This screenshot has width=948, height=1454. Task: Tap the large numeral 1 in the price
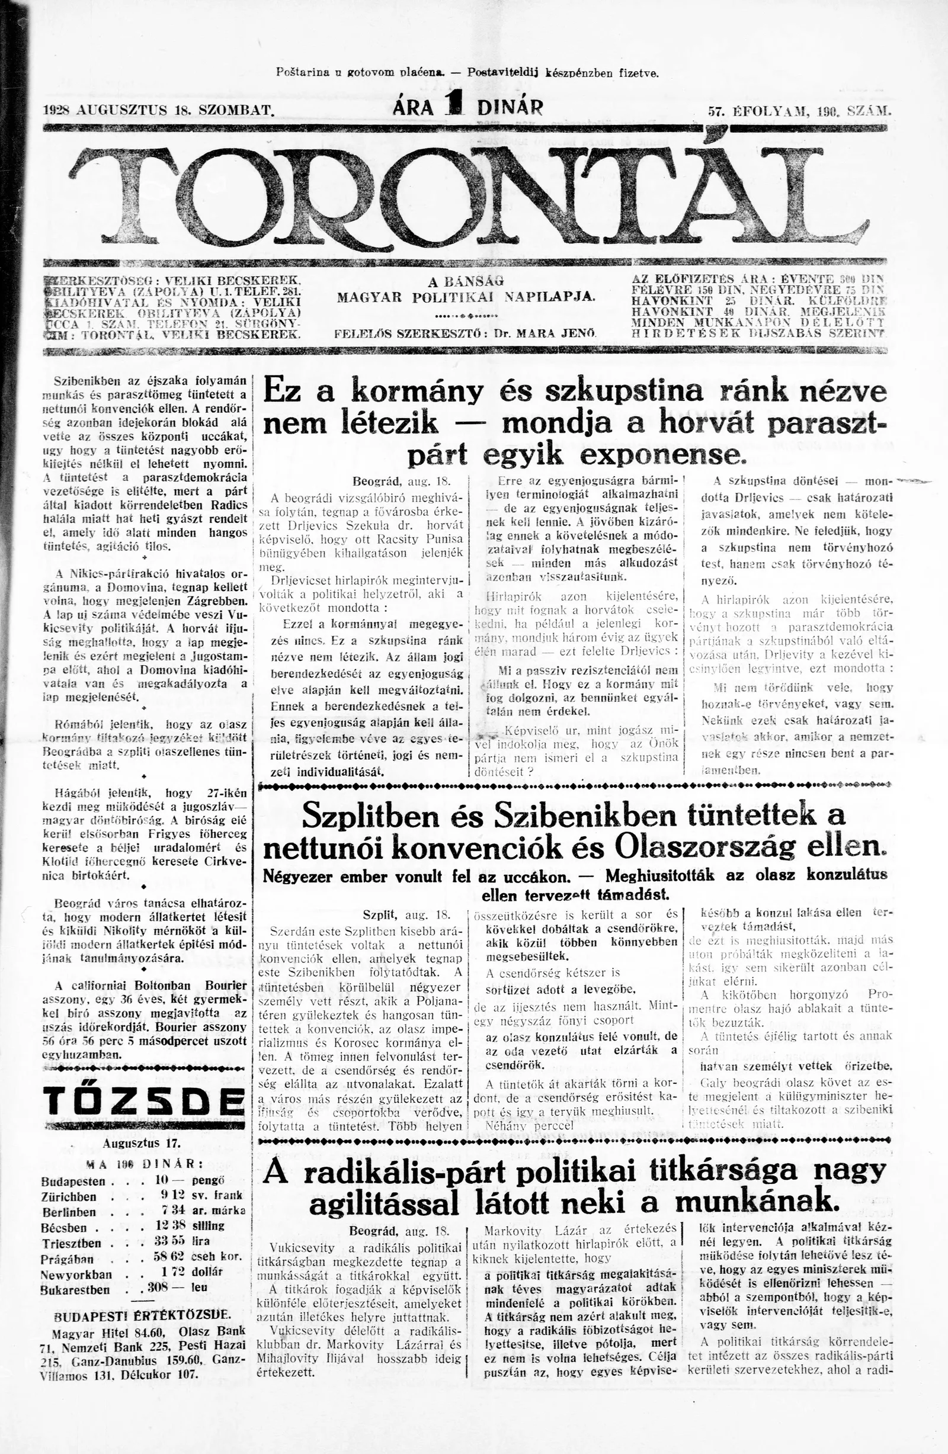[454, 105]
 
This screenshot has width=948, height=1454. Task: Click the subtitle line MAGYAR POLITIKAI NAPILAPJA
[466, 297]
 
